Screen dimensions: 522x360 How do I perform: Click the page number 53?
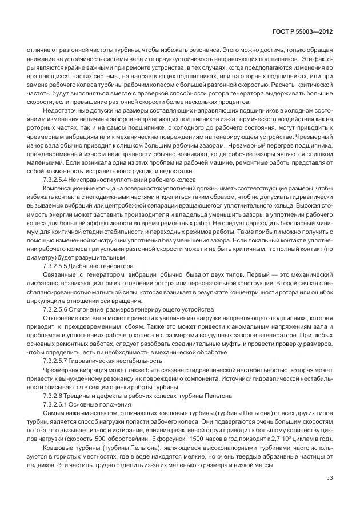pyautogui.click(x=330, y=478)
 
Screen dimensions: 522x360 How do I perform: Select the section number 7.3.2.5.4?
pyautogui.click(x=57, y=179)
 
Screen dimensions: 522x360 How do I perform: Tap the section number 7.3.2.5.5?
pyautogui.click(x=57, y=266)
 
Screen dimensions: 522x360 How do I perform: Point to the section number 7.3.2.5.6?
pyautogui.click(x=57, y=309)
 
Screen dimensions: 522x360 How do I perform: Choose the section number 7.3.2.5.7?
pyautogui.click(x=57, y=361)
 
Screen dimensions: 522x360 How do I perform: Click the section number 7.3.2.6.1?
pyautogui.click(x=57, y=404)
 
